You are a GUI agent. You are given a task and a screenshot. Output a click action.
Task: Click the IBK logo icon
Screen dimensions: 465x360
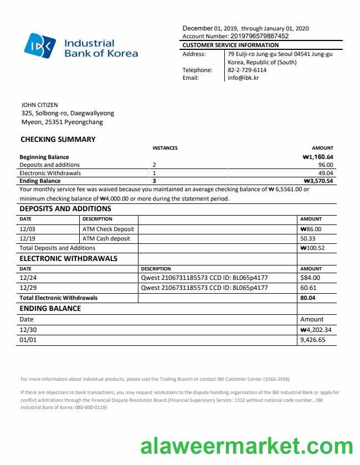tap(40, 45)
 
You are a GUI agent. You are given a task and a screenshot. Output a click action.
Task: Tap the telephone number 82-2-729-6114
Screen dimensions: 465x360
tap(247, 70)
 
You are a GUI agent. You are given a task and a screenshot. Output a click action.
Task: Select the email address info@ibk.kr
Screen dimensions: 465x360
tap(243, 78)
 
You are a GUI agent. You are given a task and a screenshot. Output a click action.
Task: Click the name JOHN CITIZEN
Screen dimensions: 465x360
tap(39, 105)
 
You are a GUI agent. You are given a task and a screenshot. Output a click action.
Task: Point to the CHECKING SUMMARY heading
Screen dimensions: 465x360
tap(58, 140)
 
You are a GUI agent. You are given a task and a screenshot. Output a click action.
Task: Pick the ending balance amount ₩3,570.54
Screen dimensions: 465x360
tap(318, 181)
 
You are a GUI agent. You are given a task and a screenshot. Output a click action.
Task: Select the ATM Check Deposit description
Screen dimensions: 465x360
tap(108, 229)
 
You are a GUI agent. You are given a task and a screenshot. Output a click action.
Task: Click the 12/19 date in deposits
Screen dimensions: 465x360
tap(27, 238)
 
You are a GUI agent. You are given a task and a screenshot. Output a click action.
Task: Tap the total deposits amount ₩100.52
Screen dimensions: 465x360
tap(312, 248)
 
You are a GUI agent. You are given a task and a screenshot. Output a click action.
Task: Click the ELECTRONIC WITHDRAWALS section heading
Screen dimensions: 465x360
tap(69, 258)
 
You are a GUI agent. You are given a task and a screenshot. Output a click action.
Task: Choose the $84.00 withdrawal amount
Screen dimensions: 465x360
tap(310, 278)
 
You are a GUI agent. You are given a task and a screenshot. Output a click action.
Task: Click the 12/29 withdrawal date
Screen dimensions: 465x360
tap(27, 288)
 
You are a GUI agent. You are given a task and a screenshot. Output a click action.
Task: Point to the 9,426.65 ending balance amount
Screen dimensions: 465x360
tap(312, 340)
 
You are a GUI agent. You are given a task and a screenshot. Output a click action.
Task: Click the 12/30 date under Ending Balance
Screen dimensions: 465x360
tap(27, 330)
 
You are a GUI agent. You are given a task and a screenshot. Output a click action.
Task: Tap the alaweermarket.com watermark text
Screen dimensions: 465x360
tap(246, 446)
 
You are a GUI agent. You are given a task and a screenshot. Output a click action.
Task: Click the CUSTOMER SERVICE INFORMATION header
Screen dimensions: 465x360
tap(231, 45)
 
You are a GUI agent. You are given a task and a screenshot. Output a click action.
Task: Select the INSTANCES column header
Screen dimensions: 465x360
tap(165, 148)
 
